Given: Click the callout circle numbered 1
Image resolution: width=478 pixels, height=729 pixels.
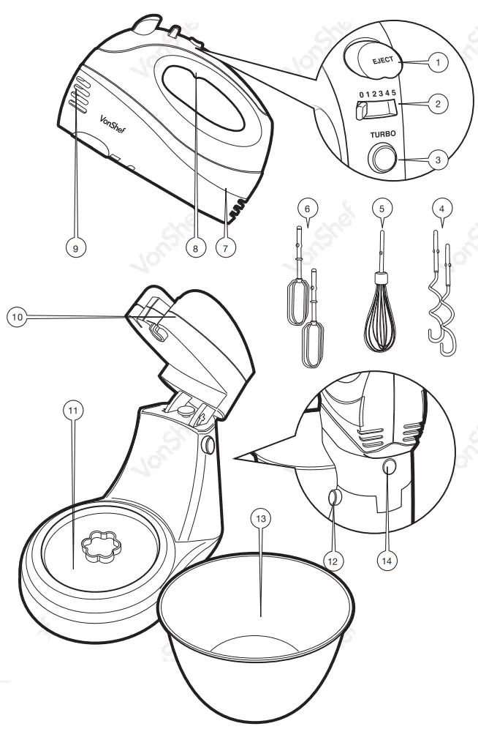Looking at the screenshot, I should coord(438,63).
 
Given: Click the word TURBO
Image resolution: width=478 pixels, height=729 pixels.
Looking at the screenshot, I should coord(383,135).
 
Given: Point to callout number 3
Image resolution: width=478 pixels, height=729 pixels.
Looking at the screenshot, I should coord(438,160).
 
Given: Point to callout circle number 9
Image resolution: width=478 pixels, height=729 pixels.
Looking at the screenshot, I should coord(73,248).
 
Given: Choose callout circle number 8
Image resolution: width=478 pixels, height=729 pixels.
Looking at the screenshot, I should coord(195,248).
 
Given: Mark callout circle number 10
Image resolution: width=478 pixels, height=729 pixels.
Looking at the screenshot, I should coord(18,317).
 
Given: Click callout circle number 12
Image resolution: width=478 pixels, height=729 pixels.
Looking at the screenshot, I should coord(333,561).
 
